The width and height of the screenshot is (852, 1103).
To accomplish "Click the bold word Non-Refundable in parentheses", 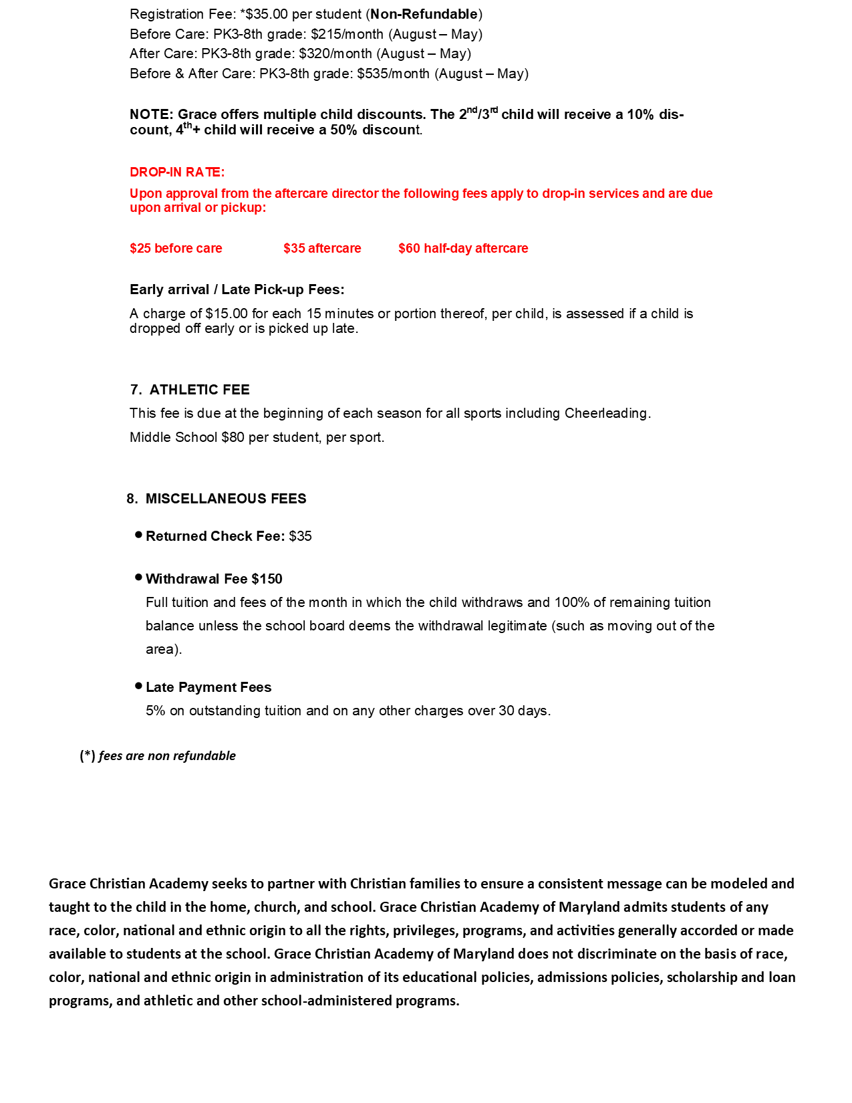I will [x=424, y=14].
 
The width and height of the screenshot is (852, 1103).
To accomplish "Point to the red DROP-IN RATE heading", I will [x=177, y=172].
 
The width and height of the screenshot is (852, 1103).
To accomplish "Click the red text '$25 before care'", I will [x=176, y=249].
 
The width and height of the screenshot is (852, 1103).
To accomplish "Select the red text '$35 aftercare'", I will [x=322, y=249].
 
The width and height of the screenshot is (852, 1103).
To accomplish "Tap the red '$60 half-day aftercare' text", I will [x=463, y=249].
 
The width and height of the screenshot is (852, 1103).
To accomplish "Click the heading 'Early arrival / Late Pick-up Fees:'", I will [x=237, y=289].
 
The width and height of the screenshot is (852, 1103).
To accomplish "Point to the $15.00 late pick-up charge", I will [x=227, y=314].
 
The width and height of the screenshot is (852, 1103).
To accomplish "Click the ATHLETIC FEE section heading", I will [x=199, y=390].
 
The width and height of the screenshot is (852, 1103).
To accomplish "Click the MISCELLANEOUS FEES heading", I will [x=226, y=499].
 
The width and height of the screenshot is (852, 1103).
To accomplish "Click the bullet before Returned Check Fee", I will [x=138, y=535].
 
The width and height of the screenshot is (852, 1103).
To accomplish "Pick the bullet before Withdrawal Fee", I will [x=138, y=577].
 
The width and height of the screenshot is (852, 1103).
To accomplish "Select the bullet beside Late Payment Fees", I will [x=138, y=686].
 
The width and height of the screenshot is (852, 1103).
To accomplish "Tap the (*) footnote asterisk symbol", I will [x=88, y=755].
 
